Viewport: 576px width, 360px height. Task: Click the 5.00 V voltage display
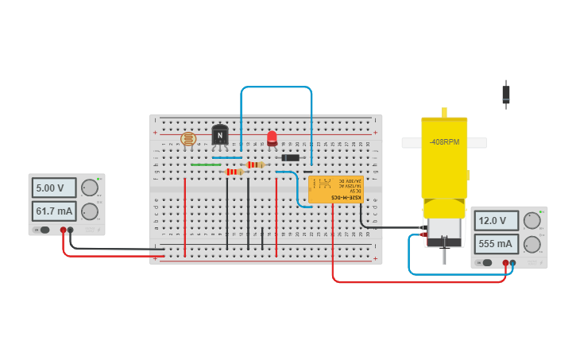[x=54, y=188]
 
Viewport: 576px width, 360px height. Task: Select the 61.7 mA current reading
[x=54, y=211]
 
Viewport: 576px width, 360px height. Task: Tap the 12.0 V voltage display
[x=497, y=220]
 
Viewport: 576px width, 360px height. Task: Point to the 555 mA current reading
[x=497, y=243]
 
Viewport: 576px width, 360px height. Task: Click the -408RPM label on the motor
[x=444, y=142]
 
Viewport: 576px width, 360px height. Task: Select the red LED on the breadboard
[x=272, y=138]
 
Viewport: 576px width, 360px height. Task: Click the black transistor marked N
[x=220, y=135]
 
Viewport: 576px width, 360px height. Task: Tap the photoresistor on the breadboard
[x=188, y=139]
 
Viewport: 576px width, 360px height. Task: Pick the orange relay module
[x=335, y=189]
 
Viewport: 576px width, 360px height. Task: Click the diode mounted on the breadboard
[x=291, y=157]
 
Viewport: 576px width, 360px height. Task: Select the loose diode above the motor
[x=506, y=95]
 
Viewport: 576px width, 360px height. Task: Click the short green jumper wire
[x=206, y=165]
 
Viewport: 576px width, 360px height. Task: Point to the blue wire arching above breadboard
[x=276, y=87]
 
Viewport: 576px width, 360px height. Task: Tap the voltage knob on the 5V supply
[x=90, y=188]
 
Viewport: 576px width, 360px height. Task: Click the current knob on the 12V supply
[x=532, y=243]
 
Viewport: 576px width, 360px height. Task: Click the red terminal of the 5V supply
[x=63, y=230]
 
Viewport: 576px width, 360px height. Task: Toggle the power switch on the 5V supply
[x=44, y=230]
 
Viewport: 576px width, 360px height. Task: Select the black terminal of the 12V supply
[x=512, y=262]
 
